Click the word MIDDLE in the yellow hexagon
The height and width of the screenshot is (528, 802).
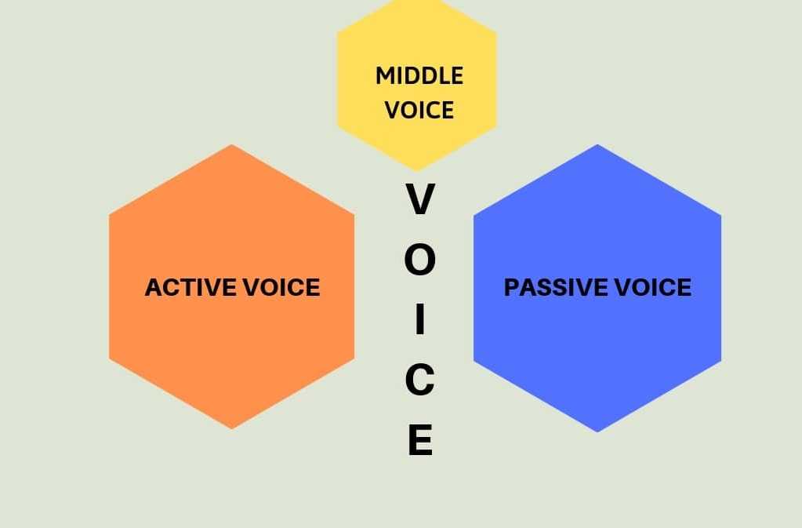pyautogui.click(x=419, y=76)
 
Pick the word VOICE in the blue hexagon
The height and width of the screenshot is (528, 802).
pyautogui.click(x=652, y=287)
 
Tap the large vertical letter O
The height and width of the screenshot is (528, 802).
pyautogui.click(x=419, y=260)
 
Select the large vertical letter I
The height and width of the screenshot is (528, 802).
pyautogui.click(x=419, y=320)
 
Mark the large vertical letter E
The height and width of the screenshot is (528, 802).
pyautogui.click(x=419, y=439)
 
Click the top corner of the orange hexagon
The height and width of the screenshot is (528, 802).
pyautogui.click(x=231, y=145)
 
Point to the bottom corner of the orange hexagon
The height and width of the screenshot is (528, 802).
pyautogui.click(x=231, y=428)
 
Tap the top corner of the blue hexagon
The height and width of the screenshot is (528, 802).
pyautogui.click(x=597, y=145)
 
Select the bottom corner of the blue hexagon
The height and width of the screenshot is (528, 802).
pyautogui.click(x=597, y=432)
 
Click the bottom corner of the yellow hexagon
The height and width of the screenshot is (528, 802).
pyautogui.click(x=416, y=170)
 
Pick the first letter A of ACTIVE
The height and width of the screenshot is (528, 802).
pyautogui.click(x=154, y=287)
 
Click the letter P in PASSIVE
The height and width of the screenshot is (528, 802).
pyautogui.click(x=512, y=287)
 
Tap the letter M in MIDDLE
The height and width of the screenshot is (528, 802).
pyautogui.click(x=384, y=76)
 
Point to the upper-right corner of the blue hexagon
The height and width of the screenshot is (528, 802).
pyautogui.click(x=720, y=214)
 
